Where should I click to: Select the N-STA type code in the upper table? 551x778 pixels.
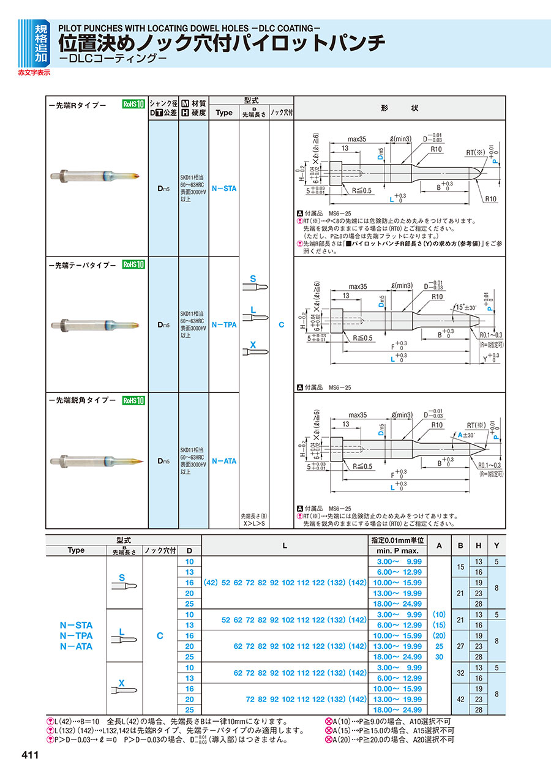pos(223,189)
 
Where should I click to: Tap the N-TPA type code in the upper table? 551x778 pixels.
pos(223,325)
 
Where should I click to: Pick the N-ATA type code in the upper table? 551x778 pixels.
pos(223,461)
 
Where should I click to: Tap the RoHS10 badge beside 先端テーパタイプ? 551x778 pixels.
pos(133,264)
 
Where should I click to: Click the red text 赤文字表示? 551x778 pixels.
pos(34,72)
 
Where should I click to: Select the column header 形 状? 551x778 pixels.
pos(399,108)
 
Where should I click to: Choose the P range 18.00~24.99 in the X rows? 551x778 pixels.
pos(399,709)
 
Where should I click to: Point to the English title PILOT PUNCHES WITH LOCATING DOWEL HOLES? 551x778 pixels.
pos(190,28)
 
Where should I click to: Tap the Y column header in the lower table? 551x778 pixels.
pos(497,545)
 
